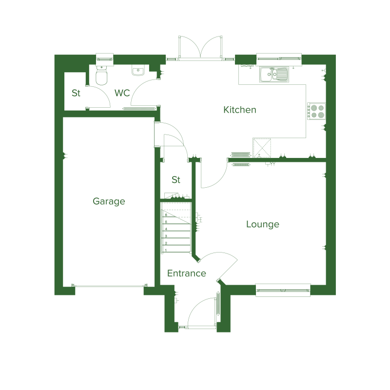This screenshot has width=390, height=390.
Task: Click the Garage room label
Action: point(109,201)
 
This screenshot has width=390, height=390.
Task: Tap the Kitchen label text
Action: point(240,110)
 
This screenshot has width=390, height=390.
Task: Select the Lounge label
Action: point(263,224)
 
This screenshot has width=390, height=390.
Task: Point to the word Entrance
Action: point(187,273)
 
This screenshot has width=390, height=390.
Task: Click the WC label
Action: point(122,93)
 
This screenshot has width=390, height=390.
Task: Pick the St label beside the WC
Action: point(76,93)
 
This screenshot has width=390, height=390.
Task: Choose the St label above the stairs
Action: point(176,179)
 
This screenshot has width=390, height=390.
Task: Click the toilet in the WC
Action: point(101,75)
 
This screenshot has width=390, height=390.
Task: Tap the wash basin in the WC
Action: point(138,71)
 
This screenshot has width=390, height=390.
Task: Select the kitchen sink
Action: point(274,75)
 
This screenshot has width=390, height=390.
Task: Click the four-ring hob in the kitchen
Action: point(316,111)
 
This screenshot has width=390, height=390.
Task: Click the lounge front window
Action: point(283,290)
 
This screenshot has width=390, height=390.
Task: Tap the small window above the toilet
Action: point(105,59)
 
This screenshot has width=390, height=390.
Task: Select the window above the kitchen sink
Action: point(279,59)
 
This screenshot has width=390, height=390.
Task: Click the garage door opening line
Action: point(109,286)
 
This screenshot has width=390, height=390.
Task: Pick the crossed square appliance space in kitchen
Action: point(262,148)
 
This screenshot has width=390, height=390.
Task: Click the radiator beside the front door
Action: point(218,303)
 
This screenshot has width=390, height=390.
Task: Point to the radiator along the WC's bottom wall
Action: point(139,108)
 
